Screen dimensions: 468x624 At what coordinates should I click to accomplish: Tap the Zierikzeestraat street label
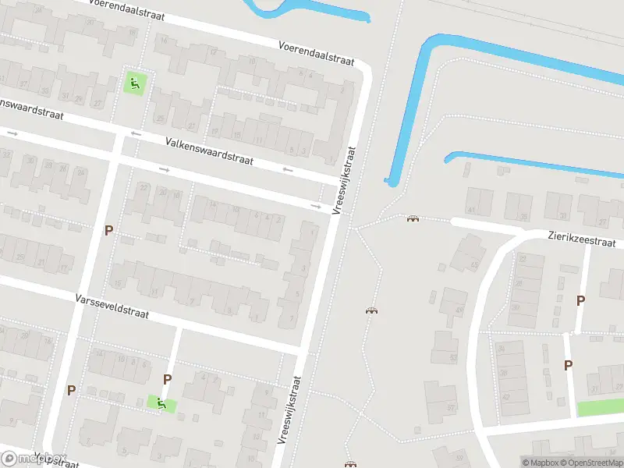point(582,239)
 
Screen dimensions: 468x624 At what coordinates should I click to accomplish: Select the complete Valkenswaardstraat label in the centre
point(210,151)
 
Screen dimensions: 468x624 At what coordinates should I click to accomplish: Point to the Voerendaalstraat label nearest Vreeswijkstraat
point(317,52)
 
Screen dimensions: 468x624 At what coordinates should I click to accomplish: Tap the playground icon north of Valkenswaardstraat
point(134,83)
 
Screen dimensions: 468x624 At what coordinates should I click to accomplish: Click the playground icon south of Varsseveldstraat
point(161,403)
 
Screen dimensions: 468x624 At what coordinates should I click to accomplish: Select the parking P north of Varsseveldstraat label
point(108,231)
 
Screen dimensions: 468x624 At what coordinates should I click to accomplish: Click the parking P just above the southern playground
point(167,380)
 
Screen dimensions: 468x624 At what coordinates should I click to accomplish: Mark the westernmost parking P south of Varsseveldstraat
point(71,390)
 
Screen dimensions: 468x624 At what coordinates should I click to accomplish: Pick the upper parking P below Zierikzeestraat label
point(580,300)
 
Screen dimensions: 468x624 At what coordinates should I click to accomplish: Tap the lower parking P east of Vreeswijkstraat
point(569,365)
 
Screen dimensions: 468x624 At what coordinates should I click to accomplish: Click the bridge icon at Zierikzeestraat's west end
point(412,218)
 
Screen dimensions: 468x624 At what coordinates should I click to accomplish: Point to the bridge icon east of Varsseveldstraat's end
point(371,311)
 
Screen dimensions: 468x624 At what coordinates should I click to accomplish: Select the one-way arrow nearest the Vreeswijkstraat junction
point(316,207)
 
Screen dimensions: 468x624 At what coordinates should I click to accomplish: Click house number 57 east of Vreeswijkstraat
point(450,407)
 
